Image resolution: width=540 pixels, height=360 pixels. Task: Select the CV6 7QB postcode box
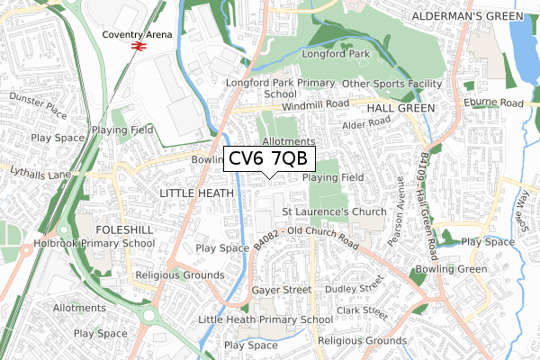point(268,159)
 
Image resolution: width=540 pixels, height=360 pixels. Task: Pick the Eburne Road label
point(492,103)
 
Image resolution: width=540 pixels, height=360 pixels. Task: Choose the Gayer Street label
point(280,290)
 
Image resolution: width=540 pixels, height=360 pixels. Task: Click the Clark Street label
point(361,311)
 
